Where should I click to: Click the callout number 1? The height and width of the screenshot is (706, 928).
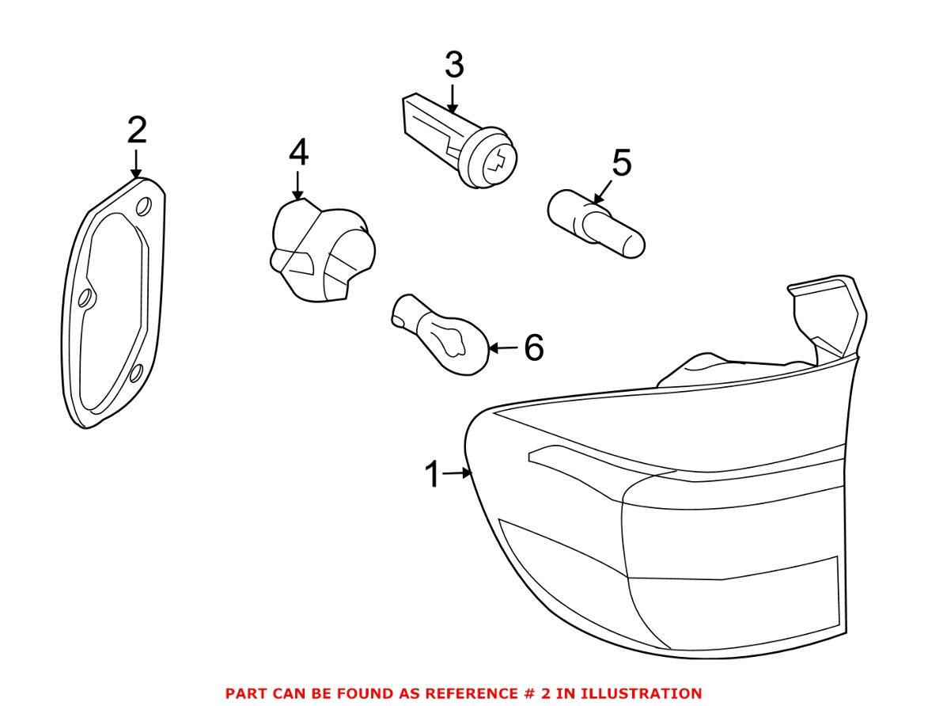pyautogui.click(x=433, y=474)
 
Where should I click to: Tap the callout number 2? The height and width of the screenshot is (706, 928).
pyautogui.click(x=137, y=131)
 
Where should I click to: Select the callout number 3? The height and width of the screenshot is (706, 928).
pyautogui.click(x=454, y=65)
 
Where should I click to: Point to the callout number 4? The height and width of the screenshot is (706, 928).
pyautogui.click(x=298, y=152)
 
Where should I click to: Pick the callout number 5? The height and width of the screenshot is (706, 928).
pyautogui.click(x=622, y=163)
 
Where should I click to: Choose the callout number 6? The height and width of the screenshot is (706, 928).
pyautogui.click(x=534, y=347)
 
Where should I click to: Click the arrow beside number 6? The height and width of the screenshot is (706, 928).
pyautogui.click(x=503, y=347)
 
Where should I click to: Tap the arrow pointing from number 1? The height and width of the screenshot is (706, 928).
pyautogui.click(x=457, y=473)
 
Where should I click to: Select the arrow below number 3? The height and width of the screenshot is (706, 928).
pyautogui.click(x=453, y=98)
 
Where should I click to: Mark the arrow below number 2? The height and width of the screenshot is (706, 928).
pyautogui.click(x=137, y=163)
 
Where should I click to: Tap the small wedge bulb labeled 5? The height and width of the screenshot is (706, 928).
pyautogui.click(x=597, y=225)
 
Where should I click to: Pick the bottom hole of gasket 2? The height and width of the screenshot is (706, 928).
pyautogui.click(x=135, y=374)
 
